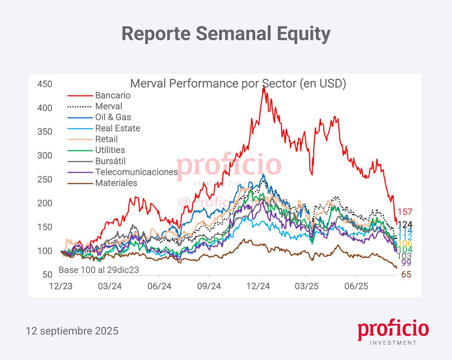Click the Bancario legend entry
[x=113, y=95]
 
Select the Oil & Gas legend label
[x=113, y=117]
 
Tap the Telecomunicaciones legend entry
[x=136, y=172]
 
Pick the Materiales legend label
[x=116, y=183]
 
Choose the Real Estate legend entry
[x=118, y=128]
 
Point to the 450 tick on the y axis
[x=45, y=84]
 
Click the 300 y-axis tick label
[x=45, y=156]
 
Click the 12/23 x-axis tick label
[x=61, y=286]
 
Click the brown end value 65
[x=406, y=275]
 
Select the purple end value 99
[x=406, y=263]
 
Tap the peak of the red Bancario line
[x=264, y=86]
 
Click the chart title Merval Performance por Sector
[x=238, y=84]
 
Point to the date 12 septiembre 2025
[x=72, y=331]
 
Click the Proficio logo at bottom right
[x=393, y=332]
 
